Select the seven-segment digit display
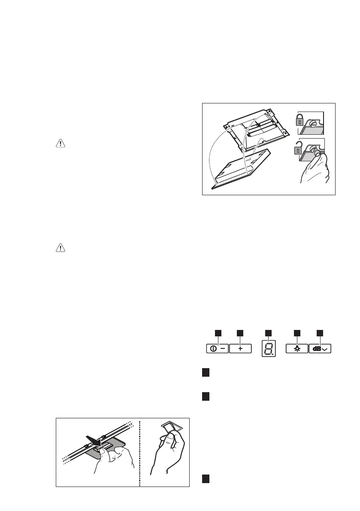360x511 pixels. [x=269, y=349]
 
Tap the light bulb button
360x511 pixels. [x=296, y=349]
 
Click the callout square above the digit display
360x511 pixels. [x=268, y=333]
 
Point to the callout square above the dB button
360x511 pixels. [x=319, y=333]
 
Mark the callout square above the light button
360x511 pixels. [x=296, y=333]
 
